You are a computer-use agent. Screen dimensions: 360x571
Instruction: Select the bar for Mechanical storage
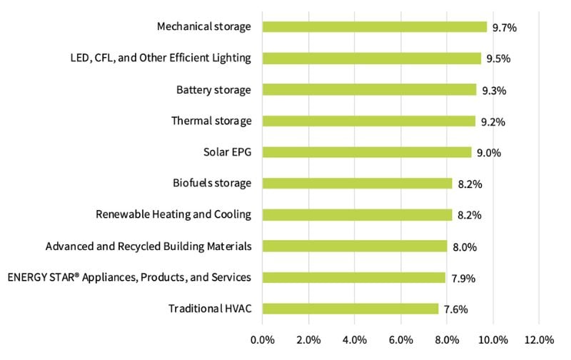point(375,27)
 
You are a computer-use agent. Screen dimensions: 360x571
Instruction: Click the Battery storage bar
point(369,90)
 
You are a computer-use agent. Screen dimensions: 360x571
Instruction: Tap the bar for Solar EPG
point(367,152)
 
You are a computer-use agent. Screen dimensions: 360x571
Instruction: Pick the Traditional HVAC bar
point(350,309)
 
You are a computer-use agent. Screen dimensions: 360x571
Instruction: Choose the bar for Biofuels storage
point(357,184)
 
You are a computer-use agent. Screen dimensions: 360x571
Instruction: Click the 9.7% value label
point(504,28)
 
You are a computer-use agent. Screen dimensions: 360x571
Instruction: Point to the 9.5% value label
point(497,59)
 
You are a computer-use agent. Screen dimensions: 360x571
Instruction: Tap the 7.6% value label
point(456,309)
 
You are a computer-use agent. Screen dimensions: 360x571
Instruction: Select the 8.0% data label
point(464,247)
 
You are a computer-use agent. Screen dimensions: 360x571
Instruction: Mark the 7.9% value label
point(462,278)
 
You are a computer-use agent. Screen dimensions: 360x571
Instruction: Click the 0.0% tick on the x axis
point(263,339)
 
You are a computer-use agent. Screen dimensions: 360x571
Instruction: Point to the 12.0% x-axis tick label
point(538,339)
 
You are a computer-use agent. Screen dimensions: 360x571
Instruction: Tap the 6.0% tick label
point(400,339)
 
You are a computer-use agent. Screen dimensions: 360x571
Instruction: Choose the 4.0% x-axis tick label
point(355,339)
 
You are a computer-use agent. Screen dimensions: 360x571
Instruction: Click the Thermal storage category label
point(211,121)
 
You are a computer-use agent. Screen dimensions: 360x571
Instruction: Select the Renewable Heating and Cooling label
point(173,214)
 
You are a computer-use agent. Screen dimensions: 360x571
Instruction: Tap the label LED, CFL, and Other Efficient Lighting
point(156,59)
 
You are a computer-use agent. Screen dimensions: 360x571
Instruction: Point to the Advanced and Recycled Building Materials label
point(148,246)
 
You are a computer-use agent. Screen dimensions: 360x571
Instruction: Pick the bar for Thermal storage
point(368,121)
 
